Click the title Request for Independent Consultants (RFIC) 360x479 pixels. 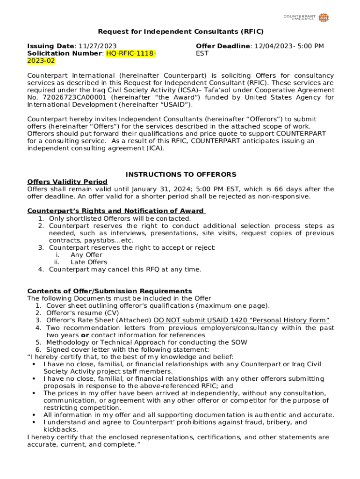(180, 32)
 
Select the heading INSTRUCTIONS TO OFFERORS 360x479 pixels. (180, 174)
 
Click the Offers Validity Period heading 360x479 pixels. (67, 181)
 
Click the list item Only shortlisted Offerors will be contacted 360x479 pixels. (120, 218)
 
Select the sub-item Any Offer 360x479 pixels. (86, 255)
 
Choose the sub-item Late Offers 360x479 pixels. (89, 262)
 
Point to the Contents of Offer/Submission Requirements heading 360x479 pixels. (109, 291)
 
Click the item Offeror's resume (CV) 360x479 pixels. (82, 313)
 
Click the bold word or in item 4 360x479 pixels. (85, 335)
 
